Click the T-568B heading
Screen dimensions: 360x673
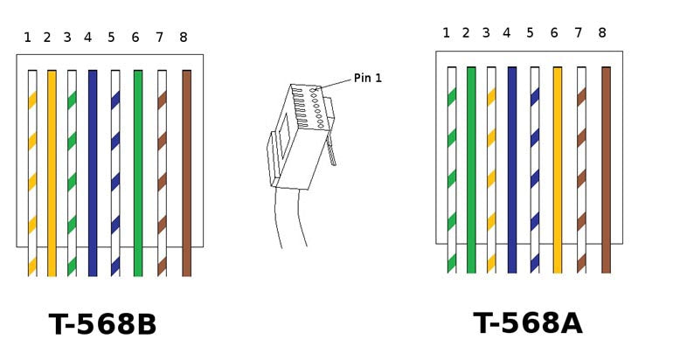tap(102, 324)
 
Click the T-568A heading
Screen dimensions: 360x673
tap(528, 322)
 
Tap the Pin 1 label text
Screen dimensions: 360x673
tap(367, 79)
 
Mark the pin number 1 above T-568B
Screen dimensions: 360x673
tap(27, 38)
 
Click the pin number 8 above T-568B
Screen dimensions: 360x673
tap(183, 38)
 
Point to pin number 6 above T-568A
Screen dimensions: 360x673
tap(554, 33)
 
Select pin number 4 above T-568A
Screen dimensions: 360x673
tap(507, 33)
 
